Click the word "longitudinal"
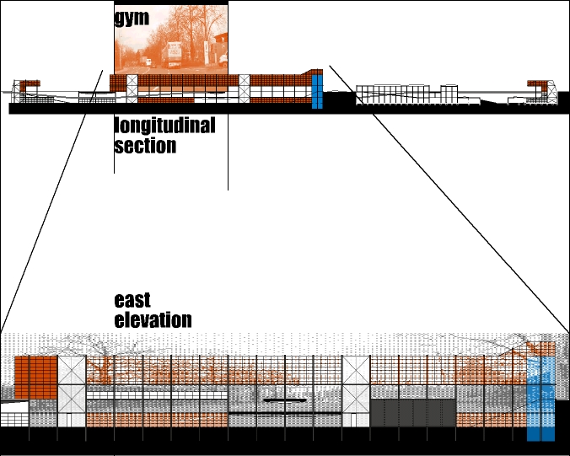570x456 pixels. point(164,126)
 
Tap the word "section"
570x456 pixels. point(145,145)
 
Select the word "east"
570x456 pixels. point(132,300)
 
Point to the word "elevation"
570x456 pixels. point(153,320)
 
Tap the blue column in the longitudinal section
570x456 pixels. point(316,91)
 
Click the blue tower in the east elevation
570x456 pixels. point(540,396)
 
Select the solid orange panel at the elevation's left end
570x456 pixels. point(35,373)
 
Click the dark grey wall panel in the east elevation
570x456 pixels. point(413,413)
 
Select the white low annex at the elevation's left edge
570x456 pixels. point(14,414)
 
